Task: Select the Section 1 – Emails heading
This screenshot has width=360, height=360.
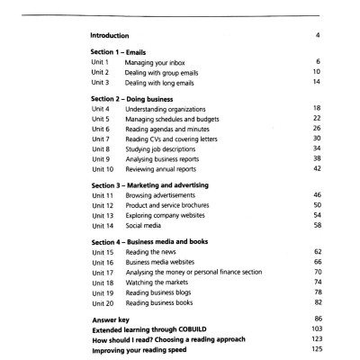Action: click(121, 53)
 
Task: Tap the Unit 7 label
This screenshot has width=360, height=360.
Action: click(102, 139)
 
